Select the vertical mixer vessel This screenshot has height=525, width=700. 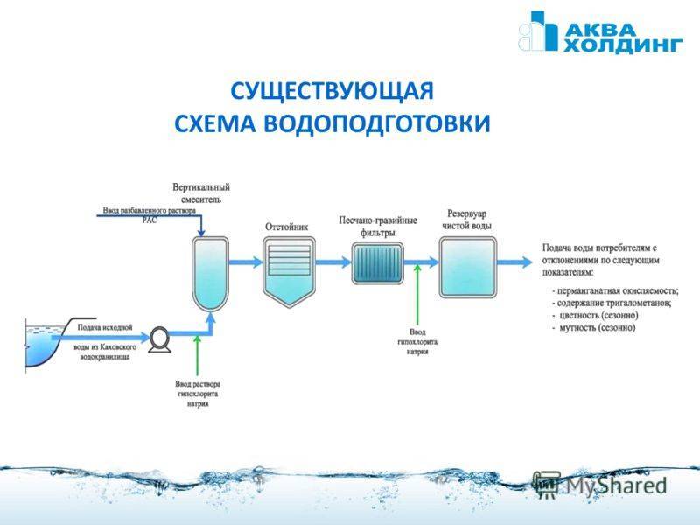pos(210,272)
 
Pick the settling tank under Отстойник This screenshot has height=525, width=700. pos(288,269)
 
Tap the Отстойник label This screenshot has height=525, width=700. pos(287,227)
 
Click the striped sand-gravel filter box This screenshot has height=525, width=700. pos(377,261)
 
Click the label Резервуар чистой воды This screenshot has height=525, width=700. pos(468,219)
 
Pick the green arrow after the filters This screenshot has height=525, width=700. pos(418,297)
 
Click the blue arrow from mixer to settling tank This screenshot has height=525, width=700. pos(246,261)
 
